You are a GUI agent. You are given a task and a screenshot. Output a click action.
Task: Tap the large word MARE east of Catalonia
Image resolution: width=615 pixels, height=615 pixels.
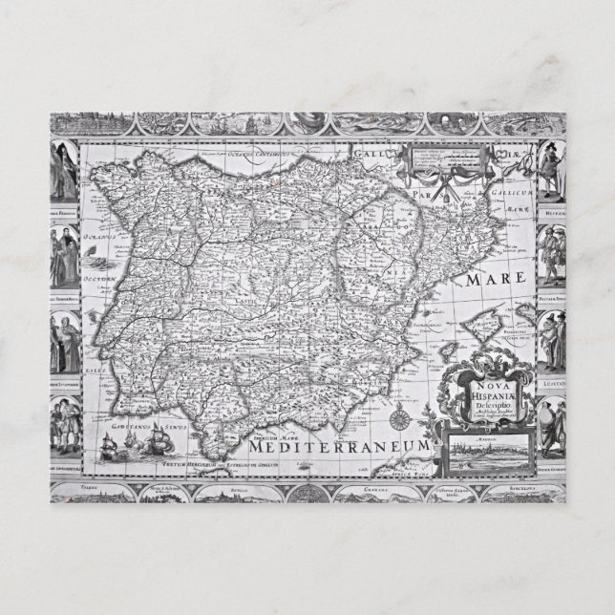tap(496, 280)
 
